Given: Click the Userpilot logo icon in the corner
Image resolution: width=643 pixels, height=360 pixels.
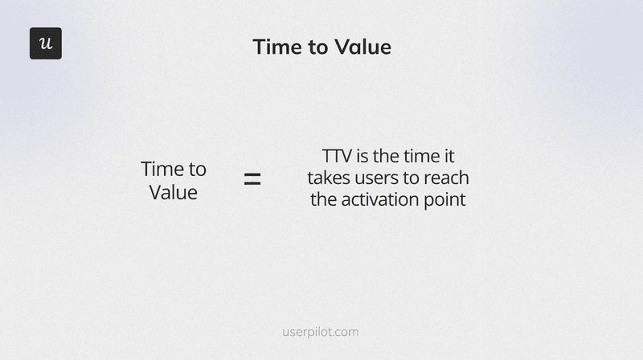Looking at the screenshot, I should pos(46,43).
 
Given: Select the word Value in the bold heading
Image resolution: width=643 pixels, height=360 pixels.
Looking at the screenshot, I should pos(363,47).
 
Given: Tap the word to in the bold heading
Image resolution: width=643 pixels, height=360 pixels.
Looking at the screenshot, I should pos(317,47).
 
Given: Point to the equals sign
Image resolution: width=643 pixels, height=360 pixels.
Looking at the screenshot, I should pos(252,180).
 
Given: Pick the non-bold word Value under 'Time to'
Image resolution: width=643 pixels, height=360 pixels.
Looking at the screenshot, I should pos(173,193).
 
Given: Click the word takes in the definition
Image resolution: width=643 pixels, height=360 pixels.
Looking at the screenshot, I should pos(329,178).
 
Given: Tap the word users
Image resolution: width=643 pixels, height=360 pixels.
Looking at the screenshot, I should pos(379,178).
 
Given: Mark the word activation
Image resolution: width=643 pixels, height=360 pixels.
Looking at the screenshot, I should pos(377,199).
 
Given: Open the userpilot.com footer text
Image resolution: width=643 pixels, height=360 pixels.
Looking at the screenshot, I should pos(321,331).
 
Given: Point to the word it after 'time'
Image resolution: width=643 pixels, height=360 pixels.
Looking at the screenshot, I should pos(448,156).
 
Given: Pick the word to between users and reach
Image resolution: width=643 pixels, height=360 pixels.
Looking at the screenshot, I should pos(412,178).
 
